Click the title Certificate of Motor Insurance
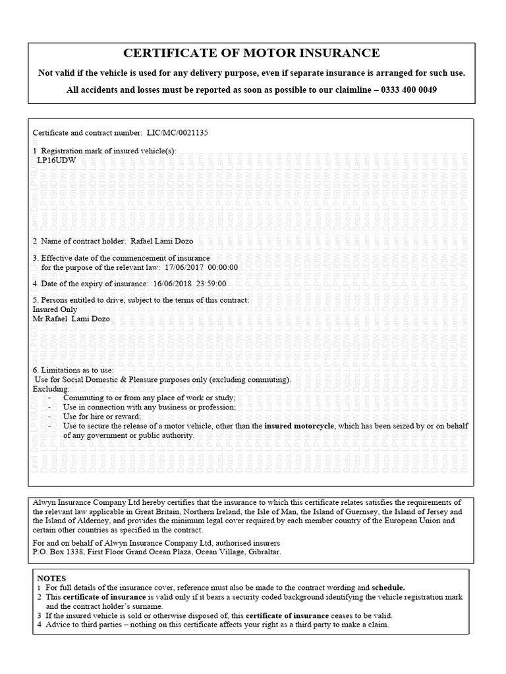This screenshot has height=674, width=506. [x=252, y=53]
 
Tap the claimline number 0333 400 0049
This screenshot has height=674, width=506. [x=409, y=90]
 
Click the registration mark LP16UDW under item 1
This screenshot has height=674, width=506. [x=56, y=159]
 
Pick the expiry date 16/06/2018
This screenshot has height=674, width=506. [x=170, y=284]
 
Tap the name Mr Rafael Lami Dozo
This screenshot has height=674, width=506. [x=72, y=319]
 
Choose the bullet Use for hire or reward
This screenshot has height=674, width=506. [x=102, y=417]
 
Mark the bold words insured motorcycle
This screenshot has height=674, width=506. [x=300, y=426]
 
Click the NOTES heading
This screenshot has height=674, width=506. [x=51, y=577]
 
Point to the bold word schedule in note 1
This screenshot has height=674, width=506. [x=388, y=586]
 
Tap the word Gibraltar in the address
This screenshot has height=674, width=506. [x=263, y=552]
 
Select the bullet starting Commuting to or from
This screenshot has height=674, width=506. [x=149, y=398]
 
